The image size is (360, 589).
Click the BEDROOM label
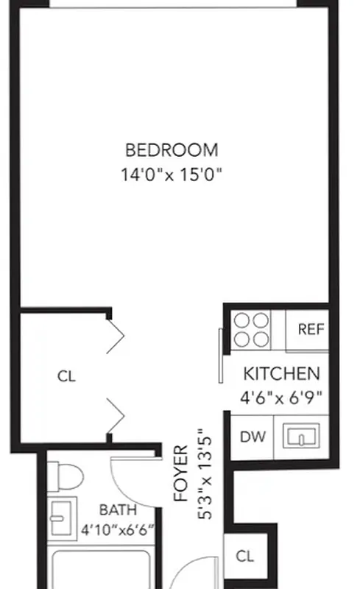pyautogui.click(x=172, y=150)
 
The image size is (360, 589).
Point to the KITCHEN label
pyautogui.click(x=281, y=373)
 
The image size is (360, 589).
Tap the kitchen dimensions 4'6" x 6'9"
pyautogui.click(x=281, y=398)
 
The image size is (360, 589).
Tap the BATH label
pyautogui.click(x=118, y=509)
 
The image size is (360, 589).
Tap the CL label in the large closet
pyautogui.click(x=66, y=375)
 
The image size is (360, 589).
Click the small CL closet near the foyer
pyautogui.click(x=245, y=557)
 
